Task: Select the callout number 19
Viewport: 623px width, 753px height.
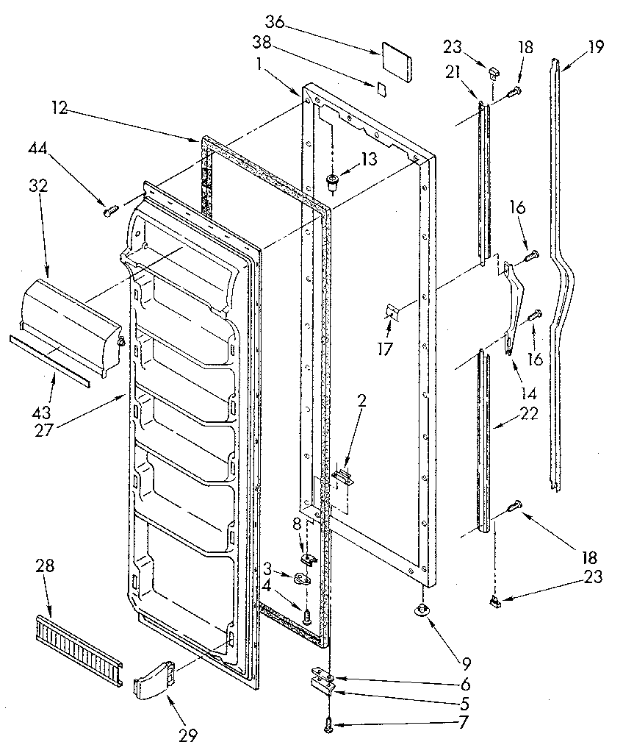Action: (595, 47)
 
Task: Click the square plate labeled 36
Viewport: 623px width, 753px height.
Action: (397, 60)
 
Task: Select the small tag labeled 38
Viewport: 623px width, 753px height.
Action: (381, 89)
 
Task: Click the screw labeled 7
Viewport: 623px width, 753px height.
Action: (328, 727)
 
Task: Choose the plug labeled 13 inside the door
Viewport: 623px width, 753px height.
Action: (333, 181)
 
